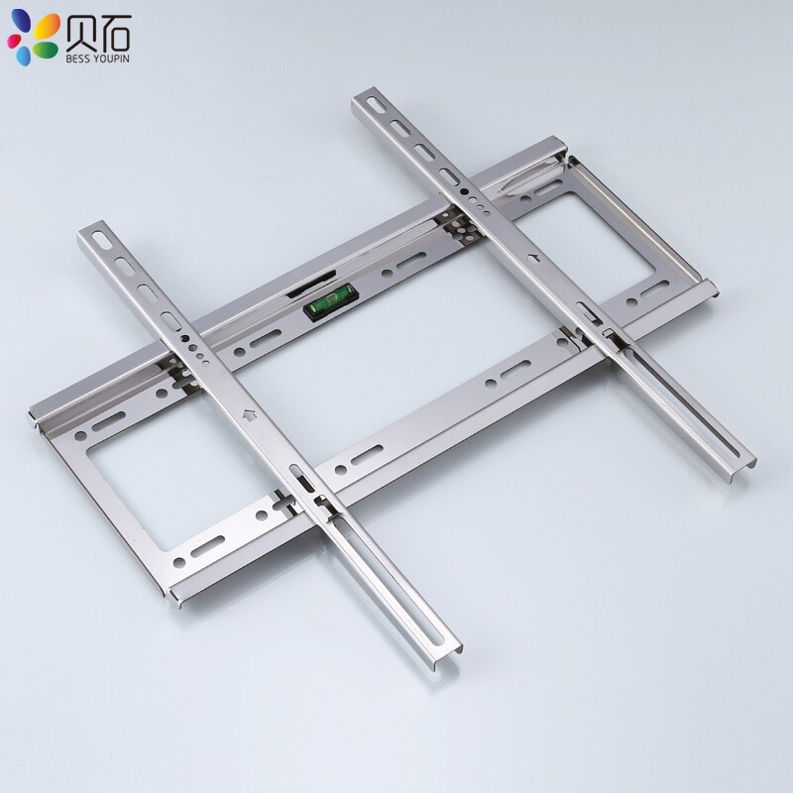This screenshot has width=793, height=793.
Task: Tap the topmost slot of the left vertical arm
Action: click(99, 240)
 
